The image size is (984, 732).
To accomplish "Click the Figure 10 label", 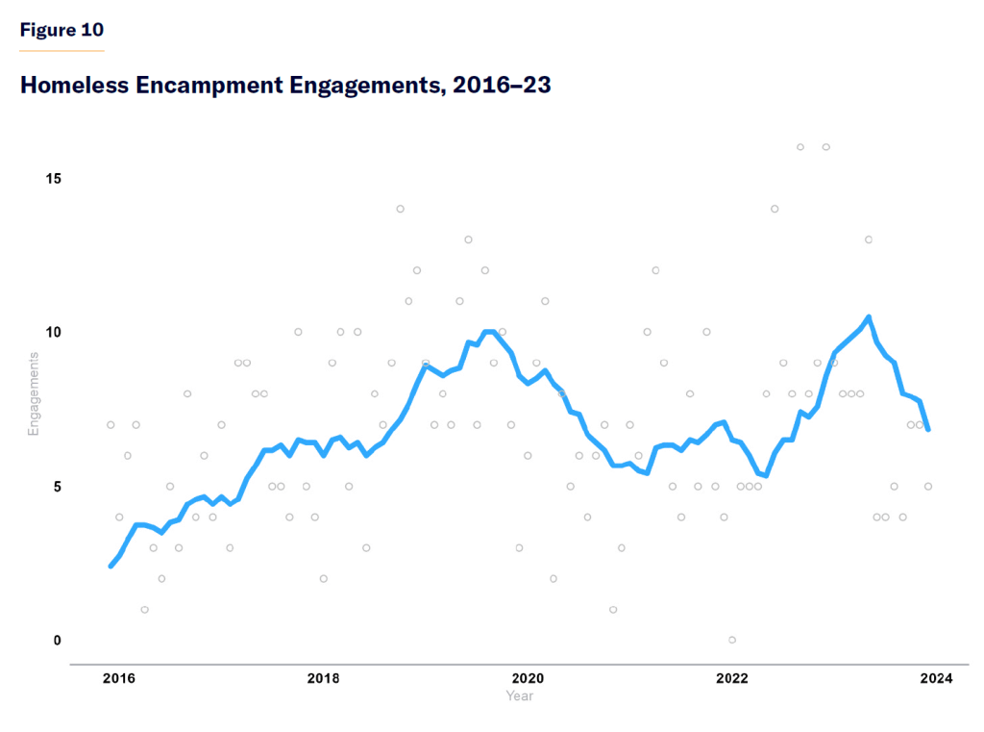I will click(61, 30).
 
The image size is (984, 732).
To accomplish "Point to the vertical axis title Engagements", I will click(34, 394).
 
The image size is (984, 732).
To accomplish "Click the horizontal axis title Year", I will click(519, 695).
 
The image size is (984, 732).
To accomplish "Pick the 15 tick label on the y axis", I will click(53, 179).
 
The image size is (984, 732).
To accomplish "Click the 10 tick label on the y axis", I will click(53, 333).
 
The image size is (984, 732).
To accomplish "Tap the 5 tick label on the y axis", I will click(57, 487).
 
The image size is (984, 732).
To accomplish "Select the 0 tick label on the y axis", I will click(57, 641).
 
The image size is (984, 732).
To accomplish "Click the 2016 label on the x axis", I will click(119, 679).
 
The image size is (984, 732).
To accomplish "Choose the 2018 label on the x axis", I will click(324, 679).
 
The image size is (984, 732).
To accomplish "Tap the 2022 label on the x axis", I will click(732, 679).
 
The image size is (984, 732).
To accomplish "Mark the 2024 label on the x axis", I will click(936, 679).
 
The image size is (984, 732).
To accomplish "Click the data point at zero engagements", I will click(732, 640).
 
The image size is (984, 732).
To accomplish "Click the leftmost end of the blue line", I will click(111, 566).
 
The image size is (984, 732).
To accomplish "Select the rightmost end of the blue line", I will click(927, 429).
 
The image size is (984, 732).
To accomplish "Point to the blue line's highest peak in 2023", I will click(868, 317).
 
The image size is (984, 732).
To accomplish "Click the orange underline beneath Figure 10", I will click(61, 50).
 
